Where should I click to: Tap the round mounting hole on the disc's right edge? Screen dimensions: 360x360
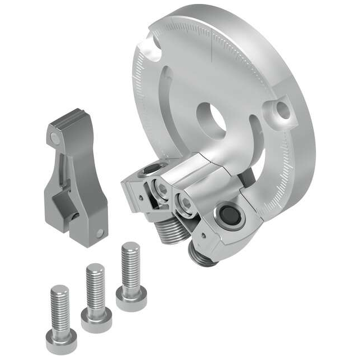[x=283, y=111]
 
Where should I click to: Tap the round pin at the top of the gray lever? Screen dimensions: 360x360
[x=54, y=138]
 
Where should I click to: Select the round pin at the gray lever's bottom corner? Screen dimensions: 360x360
[x=100, y=232]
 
